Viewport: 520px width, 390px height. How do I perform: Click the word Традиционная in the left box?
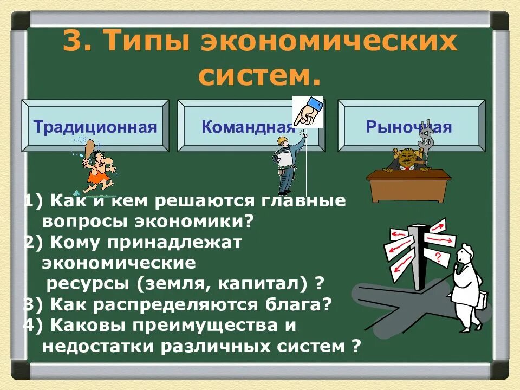click(95, 128)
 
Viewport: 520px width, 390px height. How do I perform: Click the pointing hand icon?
click(308, 112)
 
